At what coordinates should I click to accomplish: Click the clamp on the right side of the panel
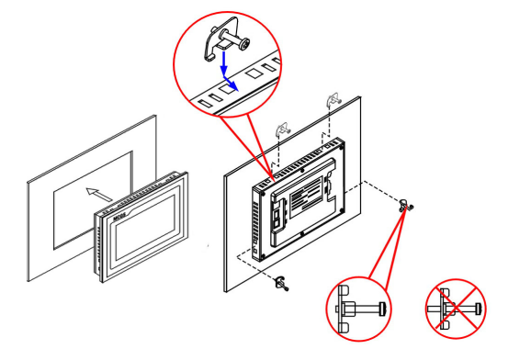pyautogui.click(x=404, y=208)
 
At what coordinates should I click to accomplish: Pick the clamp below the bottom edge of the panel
pyautogui.click(x=279, y=282)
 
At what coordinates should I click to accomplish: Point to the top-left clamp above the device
pyautogui.click(x=284, y=129)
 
